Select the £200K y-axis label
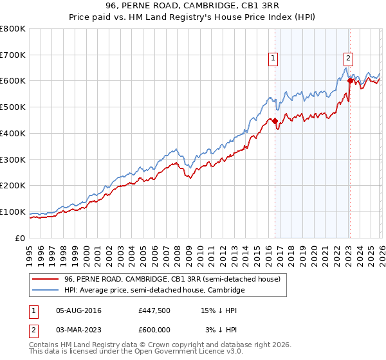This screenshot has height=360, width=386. pos(13,186)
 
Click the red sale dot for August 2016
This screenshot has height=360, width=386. pos(275,121)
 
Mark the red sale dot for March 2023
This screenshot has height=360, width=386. pos(350,81)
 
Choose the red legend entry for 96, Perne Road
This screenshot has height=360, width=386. pos(172,280)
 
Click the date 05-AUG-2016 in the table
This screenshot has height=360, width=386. pos(78,310)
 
